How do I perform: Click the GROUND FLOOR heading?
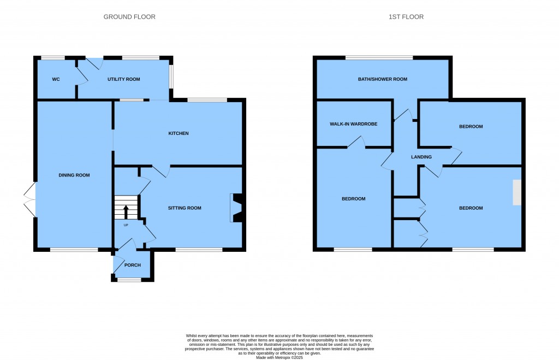(129, 17)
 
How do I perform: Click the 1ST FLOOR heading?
(406, 17)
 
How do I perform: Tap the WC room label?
(56, 79)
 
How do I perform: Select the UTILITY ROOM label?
(123, 79)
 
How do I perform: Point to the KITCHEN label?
(179, 133)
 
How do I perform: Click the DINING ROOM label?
(74, 175)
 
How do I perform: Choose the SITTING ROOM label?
(185, 208)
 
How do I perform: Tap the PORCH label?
(133, 265)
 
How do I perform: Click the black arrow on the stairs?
(126, 211)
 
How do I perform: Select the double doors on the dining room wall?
(29, 200)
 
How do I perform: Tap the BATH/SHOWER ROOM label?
(383, 79)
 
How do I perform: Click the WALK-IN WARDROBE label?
(353, 124)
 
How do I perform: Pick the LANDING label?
(421, 157)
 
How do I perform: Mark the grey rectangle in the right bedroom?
(516, 192)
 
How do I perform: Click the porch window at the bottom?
(129, 280)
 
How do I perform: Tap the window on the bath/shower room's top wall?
(379, 57)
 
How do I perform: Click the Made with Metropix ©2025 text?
(279, 357)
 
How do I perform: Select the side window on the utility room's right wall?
(170, 76)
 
